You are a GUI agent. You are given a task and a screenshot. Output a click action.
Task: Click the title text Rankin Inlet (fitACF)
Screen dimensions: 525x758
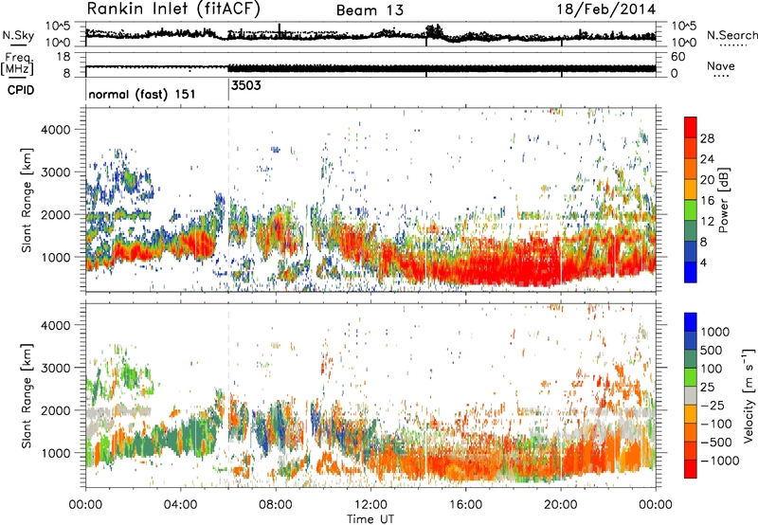173,10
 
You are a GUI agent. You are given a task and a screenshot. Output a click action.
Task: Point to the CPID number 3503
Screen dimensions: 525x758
246,85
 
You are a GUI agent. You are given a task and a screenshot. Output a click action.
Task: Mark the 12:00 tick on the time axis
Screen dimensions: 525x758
370,504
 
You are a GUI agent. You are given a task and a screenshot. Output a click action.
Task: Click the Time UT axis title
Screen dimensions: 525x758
372,517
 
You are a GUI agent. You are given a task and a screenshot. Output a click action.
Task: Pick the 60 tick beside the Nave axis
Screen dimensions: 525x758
678,57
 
